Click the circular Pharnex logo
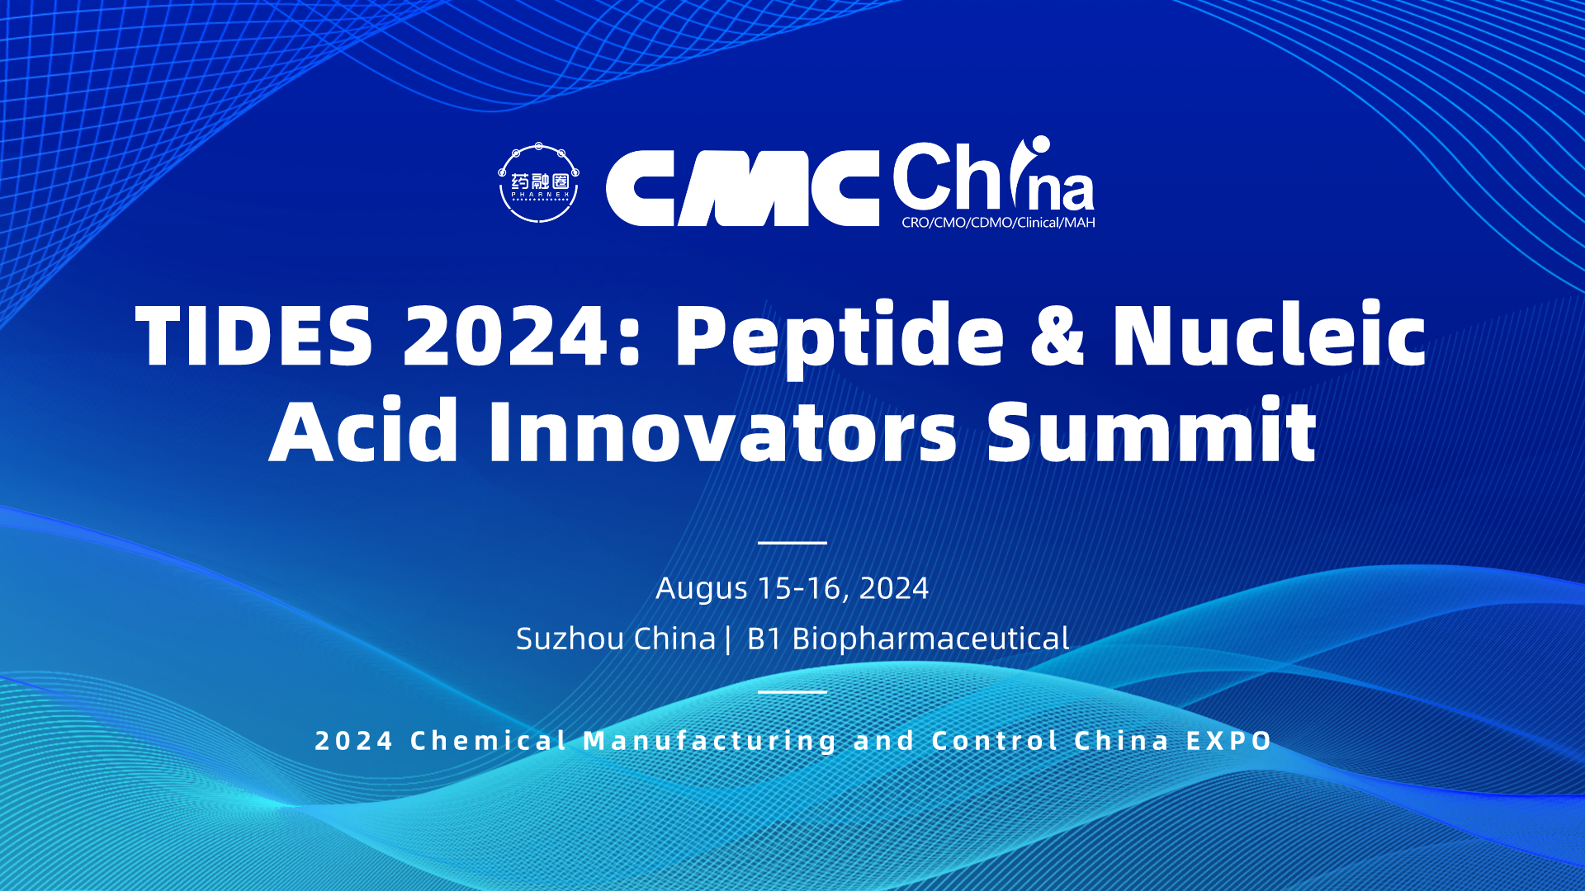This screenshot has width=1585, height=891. click(538, 183)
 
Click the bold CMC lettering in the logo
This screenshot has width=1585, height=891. click(742, 188)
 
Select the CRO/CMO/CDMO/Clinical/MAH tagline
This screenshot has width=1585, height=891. click(998, 223)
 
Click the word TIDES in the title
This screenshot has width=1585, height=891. click(254, 336)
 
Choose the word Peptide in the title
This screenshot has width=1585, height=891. click(840, 339)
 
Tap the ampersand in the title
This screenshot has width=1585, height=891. click(1057, 336)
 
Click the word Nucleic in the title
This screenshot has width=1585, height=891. click(1270, 333)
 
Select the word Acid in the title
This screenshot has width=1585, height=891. click(363, 430)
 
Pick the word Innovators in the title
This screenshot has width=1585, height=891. click(723, 430)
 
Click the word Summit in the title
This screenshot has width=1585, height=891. click(1152, 430)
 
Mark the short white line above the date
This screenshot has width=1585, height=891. click(792, 543)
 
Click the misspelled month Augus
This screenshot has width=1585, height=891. click(702, 588)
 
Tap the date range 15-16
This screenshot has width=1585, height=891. click(799, 588)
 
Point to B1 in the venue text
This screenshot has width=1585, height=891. click(764, 639)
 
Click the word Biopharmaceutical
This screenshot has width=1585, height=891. click(930, 639)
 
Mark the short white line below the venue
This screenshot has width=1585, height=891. click(792, 691)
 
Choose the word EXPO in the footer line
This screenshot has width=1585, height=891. click(1229, 741)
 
